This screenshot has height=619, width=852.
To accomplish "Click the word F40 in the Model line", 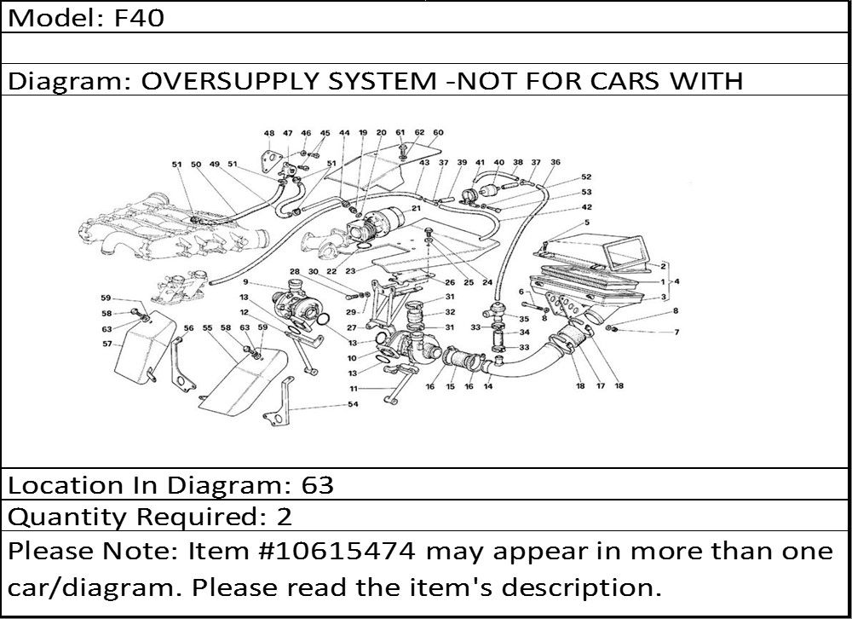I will (141, 18).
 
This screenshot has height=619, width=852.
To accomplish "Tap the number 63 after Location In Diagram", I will (318, 485).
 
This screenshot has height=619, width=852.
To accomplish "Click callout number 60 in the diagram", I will (438, 133).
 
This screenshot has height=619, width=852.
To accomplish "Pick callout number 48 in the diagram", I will (268, 134).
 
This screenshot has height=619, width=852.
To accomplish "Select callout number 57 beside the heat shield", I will (106, 344).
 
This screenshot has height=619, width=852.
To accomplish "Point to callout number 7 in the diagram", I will (676, 332).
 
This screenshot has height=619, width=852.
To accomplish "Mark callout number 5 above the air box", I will (586, 223).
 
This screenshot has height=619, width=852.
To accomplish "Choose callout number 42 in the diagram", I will (586, 206).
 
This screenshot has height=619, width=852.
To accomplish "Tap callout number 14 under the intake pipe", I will (488, 386).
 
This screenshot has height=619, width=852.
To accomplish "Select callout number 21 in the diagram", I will (417, 208).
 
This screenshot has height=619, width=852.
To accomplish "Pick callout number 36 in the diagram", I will (556, 162).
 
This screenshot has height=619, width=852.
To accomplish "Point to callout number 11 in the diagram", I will (352, 389).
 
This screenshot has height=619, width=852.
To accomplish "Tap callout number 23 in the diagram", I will (350, 271).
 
